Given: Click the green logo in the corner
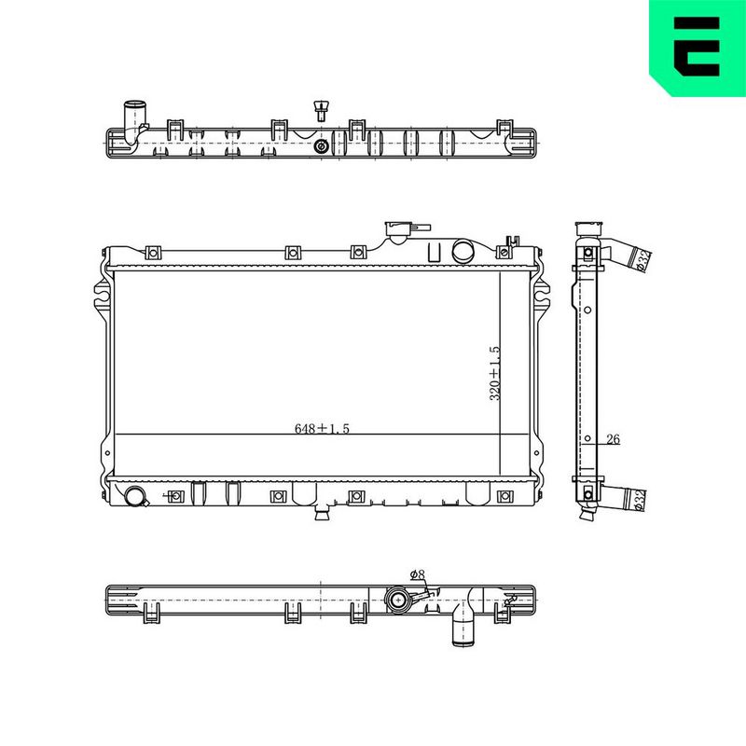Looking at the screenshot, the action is pyautogui.click(x=698, y=48).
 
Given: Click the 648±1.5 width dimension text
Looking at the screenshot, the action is pyautogui.click(x=322, y=429).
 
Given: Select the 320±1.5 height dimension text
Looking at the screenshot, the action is pyautogui.click(x=495, y=374).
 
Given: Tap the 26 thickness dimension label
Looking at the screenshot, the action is pyautogui.click(x=614, y=439).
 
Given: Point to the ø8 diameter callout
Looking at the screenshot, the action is pyautogui.click(x=417, y=574).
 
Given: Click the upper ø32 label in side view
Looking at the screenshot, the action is pyautogui.click(x=644, y=260).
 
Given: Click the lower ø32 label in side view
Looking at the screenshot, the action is pyautogui.click(x=641, y=500).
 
